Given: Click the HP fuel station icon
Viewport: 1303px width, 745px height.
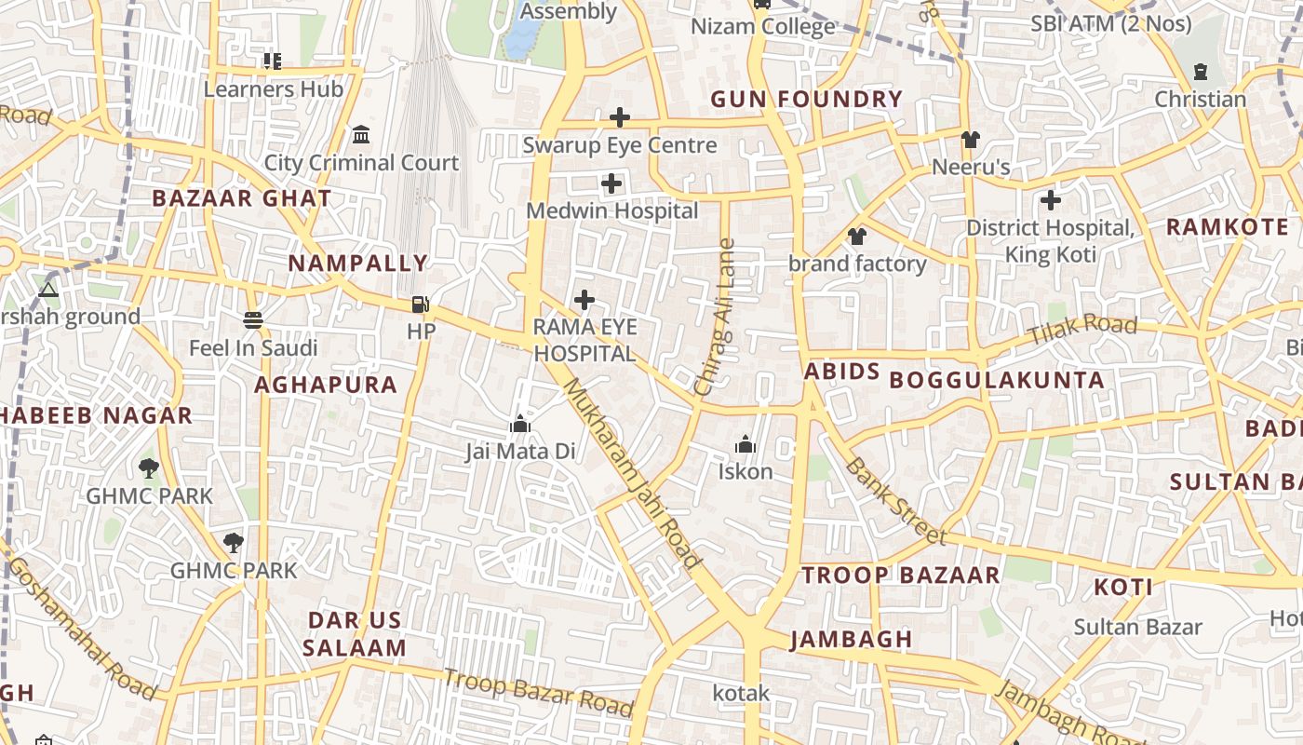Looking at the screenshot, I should [x=421, y=305].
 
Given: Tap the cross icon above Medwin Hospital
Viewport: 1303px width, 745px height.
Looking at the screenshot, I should [x=611, y=183].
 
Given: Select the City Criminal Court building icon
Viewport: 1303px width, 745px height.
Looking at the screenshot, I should [x=361, y=135].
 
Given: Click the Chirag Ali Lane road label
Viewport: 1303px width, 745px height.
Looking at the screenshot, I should [x=715, y=317].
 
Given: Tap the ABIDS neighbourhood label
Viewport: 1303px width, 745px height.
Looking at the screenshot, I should [x=841, y=372].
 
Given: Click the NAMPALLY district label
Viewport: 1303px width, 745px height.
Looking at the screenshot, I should [x=357, y=264].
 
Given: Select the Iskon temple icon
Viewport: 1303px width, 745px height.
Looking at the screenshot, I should [x=745, y=444].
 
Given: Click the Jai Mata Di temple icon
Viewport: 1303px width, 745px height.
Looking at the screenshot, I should [x=520, y=425].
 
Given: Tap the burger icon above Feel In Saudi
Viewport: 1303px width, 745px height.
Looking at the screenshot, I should [x=253, y=320].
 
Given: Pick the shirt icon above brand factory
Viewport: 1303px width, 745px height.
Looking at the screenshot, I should [x=857, y=237].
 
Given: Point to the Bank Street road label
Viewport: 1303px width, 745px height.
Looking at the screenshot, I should [x=895, y=502].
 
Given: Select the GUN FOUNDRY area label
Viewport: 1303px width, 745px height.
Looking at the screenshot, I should [x=807, y=99].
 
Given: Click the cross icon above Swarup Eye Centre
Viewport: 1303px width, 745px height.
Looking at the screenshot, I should [x=619, y=117].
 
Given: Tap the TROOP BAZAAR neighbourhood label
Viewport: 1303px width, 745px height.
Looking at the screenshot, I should [x=901, y=575].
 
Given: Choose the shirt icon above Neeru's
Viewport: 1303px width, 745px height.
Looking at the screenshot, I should [x=971, y=140].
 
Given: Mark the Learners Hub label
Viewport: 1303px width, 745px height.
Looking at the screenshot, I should [x=273, y=89].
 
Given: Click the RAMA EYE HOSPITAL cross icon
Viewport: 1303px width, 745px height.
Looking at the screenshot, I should [x=584, y=300].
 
